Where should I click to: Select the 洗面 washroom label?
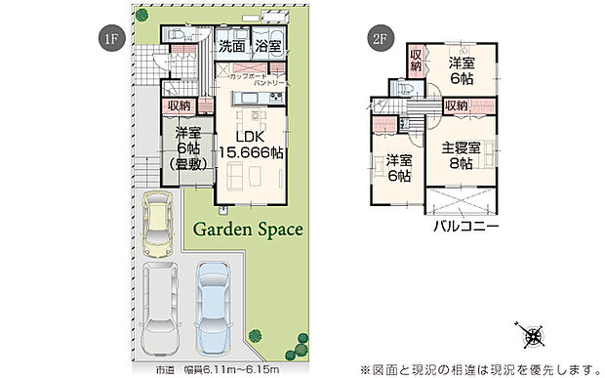pos(231,46)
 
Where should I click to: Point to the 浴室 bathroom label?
pos(268,46)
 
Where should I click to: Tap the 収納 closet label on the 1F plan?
pos(178,105)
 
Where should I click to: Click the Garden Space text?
pos(247,231)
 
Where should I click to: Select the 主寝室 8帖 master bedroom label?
pos(461,155)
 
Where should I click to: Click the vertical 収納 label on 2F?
pos(415,60)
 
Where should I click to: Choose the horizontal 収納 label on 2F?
pos(456,105)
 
